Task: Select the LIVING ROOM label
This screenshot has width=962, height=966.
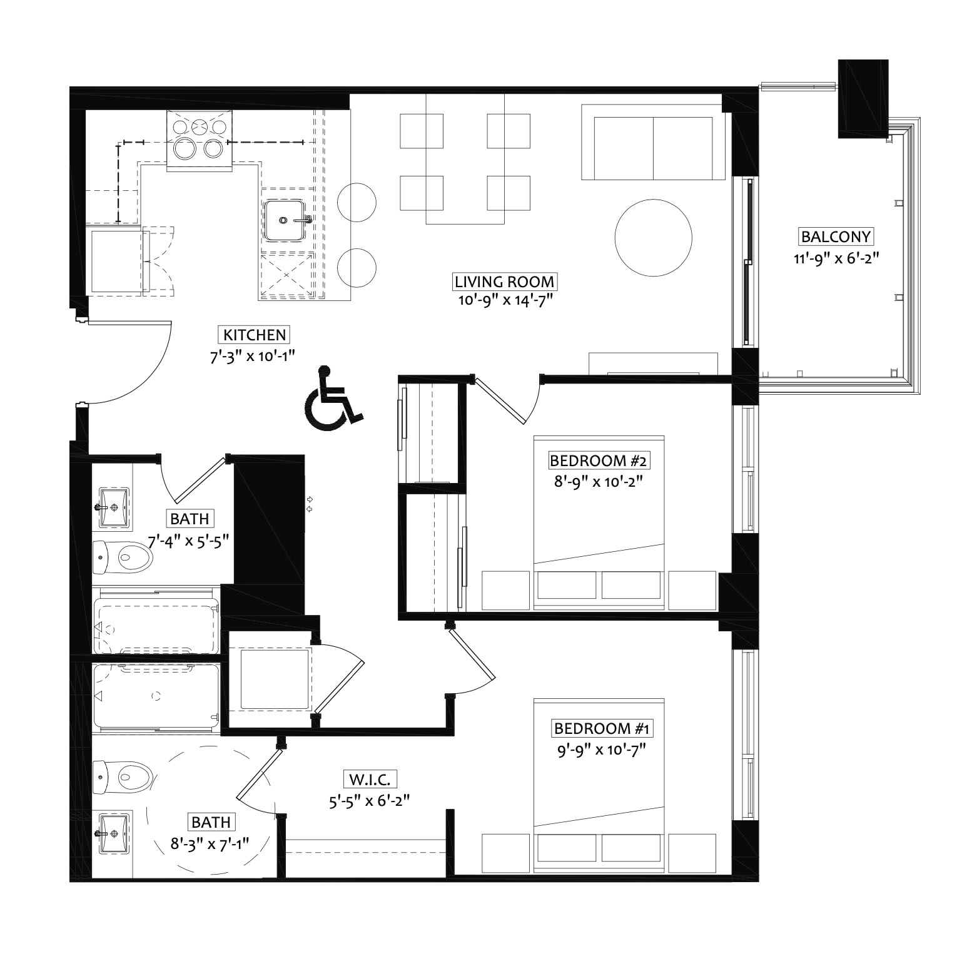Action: coord(504,282)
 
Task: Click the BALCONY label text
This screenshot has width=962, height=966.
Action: coord(836,237)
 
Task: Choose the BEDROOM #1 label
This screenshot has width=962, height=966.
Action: coord(602,728)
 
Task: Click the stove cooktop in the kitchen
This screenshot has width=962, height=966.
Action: coord(200,140)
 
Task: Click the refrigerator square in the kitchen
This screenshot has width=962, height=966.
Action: coord(118,262)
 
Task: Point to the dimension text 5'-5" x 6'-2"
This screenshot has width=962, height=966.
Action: coord(370,800)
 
